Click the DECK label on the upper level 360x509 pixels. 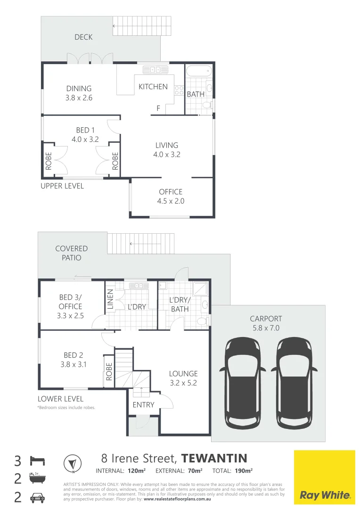coord(83,37)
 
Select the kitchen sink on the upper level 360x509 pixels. coord(155,70)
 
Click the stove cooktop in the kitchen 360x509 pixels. coord(179,90)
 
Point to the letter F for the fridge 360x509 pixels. coord(158,108)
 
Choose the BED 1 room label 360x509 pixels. coord(85,130)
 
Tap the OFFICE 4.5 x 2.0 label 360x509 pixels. coord(171,196)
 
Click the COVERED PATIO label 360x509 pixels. coord(72,253)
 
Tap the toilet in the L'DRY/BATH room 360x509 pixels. coord(202,321)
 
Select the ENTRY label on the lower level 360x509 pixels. coord(143,404)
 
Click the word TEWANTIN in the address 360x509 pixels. coord(214,458)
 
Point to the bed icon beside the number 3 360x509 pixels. coord(37,460)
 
